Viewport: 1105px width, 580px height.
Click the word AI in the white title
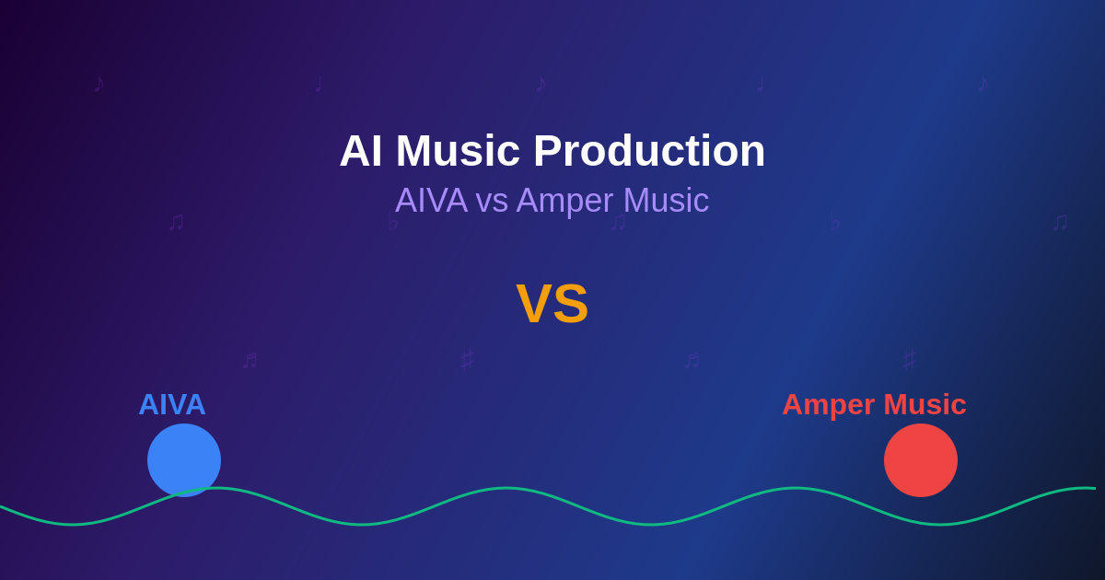(x=361, y=151)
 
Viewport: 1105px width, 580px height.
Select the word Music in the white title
(x=458, y=151)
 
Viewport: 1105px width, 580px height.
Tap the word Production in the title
(x=649, y=151)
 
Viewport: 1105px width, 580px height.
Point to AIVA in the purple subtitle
(x=431, y=201)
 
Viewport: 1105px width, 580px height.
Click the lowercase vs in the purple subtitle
(x=492, y=201)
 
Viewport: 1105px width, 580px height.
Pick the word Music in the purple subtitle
(x=666, y=201)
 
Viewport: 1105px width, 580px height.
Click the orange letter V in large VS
(x=533, y=304)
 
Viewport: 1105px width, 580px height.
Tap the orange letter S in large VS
(x=571, y=304)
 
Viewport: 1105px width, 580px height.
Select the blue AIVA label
(x=172, y=404)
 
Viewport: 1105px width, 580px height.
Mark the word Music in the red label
(x=925, y=404)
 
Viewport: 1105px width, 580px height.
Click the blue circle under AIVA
(x=184, y=458)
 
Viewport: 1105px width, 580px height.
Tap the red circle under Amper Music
(x=921, y=459)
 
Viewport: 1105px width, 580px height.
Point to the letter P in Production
(x=548, y=151)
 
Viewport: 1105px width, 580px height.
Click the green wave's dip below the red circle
(x=939, y=525)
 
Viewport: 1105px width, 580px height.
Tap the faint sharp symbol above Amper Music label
(x=910, y=359)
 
